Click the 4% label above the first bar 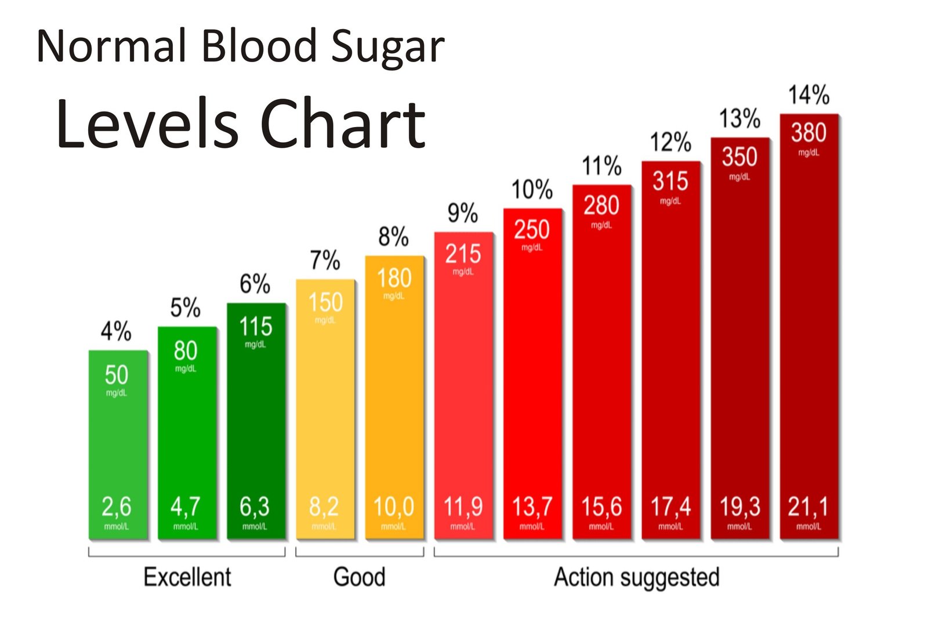[x=116, y=332]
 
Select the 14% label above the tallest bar [x=809, y=95]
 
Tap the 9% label [x=462, y=213]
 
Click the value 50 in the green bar [x=117, y=375]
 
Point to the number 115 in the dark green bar [x=256, y=327]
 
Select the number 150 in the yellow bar [x=325, y=303]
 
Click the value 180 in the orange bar [x=394, y=278]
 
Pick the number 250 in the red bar [x=531, y=230]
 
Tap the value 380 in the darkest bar [x=809, y=133]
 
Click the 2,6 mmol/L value [x=117, y=507]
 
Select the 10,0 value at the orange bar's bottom [x=394, y=507]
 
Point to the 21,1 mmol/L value [x=808, y=507]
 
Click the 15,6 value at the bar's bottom [x=601, y=507]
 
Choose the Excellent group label [x=187, y=577]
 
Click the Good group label [x=359, y=577]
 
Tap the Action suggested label [x=636, y=578]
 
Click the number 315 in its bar [x=670, y=182]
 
